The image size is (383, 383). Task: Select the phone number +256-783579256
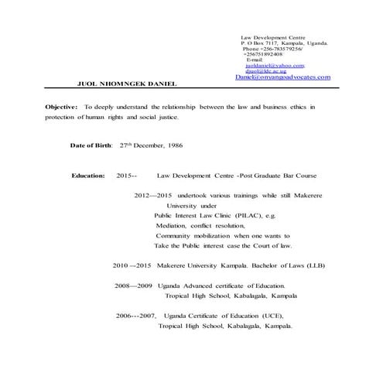pos(280,49)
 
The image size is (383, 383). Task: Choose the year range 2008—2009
pos(133,286)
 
